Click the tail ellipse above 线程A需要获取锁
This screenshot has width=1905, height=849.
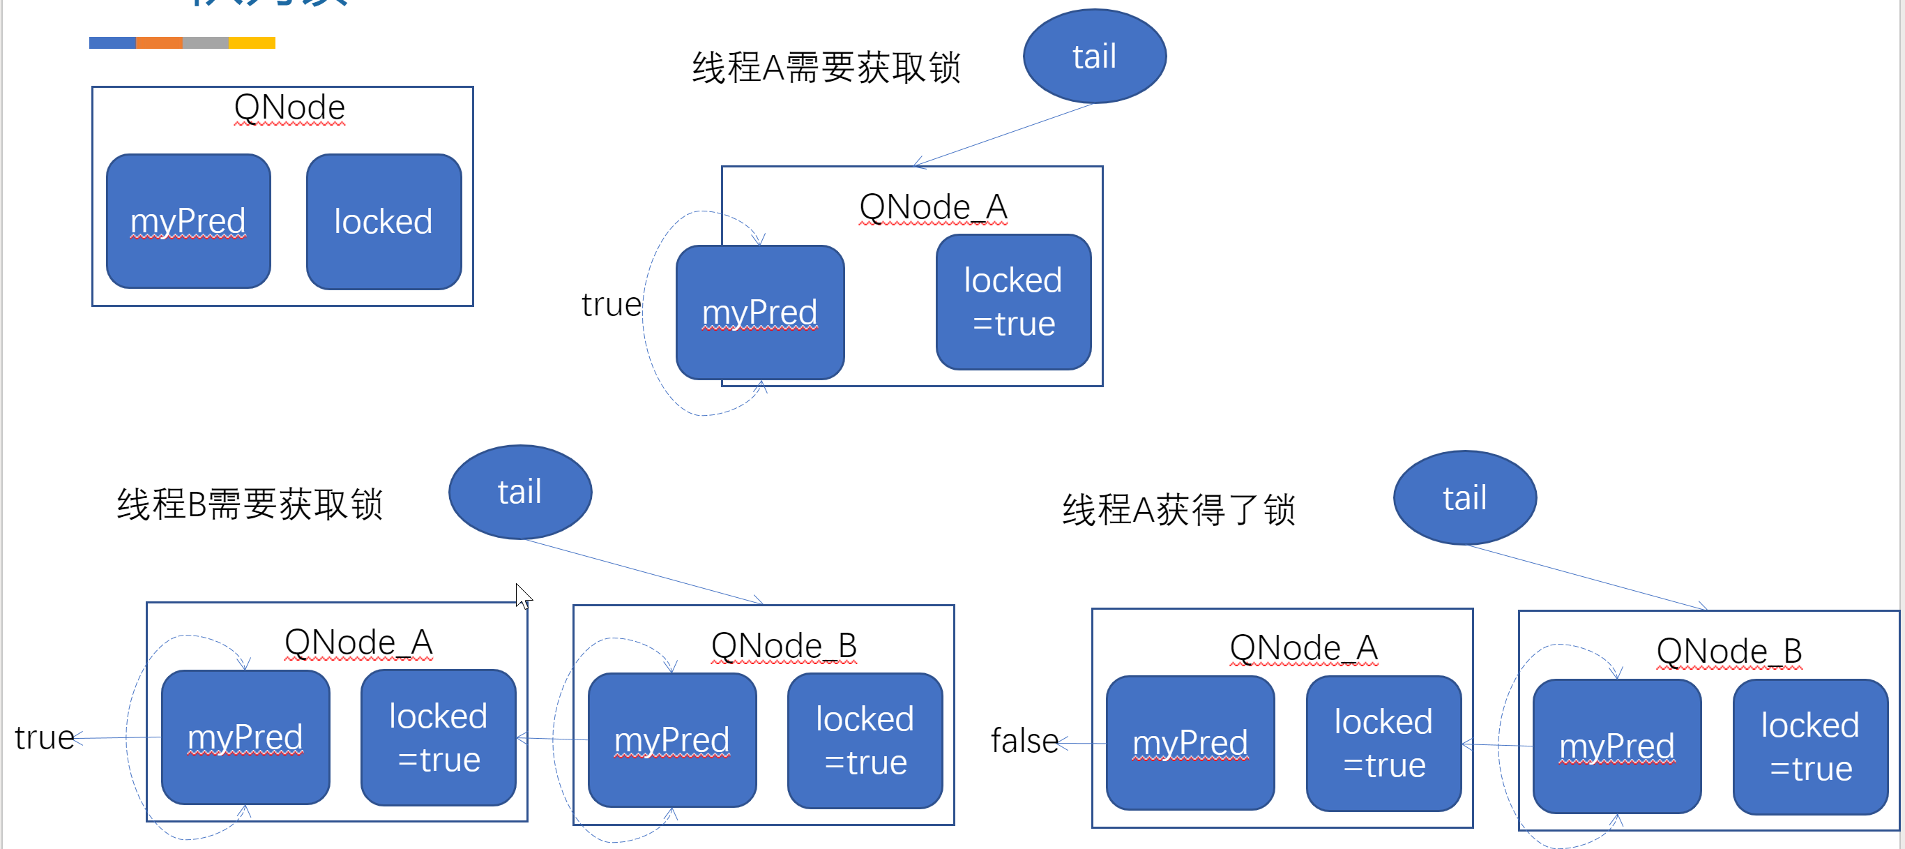point(1094,57)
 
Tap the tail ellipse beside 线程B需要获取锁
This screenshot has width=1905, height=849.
point(520,492)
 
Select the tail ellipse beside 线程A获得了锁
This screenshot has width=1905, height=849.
point(1464,497)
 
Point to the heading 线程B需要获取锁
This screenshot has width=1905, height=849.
point(250,504)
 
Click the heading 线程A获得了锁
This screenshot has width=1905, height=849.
point(1179,509)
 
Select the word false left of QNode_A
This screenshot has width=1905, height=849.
point(1024,740)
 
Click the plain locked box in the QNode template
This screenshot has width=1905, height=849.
point(384,221)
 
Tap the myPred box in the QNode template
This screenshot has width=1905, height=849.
point(188,221)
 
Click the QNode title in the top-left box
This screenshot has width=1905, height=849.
point(289,108)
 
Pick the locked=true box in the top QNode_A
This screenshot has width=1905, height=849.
point(1013,302)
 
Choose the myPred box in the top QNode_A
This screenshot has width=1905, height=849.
point(759,312)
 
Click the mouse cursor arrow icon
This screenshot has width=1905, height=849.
point(523,595)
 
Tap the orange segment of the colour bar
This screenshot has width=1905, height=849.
point(159,43)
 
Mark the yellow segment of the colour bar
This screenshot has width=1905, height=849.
point(252,43)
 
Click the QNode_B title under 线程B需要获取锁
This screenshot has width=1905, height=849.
point(783,645)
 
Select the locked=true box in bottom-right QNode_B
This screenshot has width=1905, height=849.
point(1809,746)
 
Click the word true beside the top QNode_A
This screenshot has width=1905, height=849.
point(611,305)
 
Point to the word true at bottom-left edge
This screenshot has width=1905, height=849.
point(44,737)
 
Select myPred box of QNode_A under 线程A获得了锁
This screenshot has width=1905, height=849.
point(1190,742)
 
